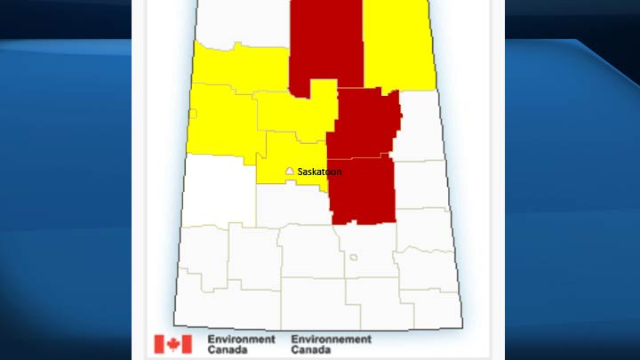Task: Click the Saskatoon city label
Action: [x=319, y=171]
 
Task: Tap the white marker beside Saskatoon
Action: [x=289, y=170]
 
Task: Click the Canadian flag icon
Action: [x=172, y=344]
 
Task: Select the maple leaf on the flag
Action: [x=172, y=344]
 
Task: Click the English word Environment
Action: [x=241, y=339]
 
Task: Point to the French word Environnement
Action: [x=331, y=339]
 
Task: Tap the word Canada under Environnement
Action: [x=311, y=349]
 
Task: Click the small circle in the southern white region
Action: [x=353, y=258]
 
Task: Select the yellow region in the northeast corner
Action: [x=398, y=44]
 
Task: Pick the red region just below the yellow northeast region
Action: [x=366, y=120]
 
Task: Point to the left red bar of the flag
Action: [x=159, y=344]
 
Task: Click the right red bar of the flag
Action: [x=186, y=344]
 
